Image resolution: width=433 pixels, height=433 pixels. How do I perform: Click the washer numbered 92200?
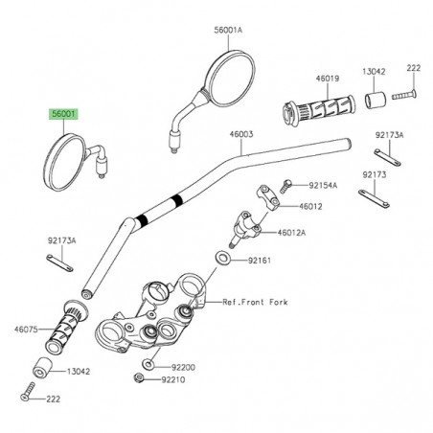[x=148, y=366]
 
